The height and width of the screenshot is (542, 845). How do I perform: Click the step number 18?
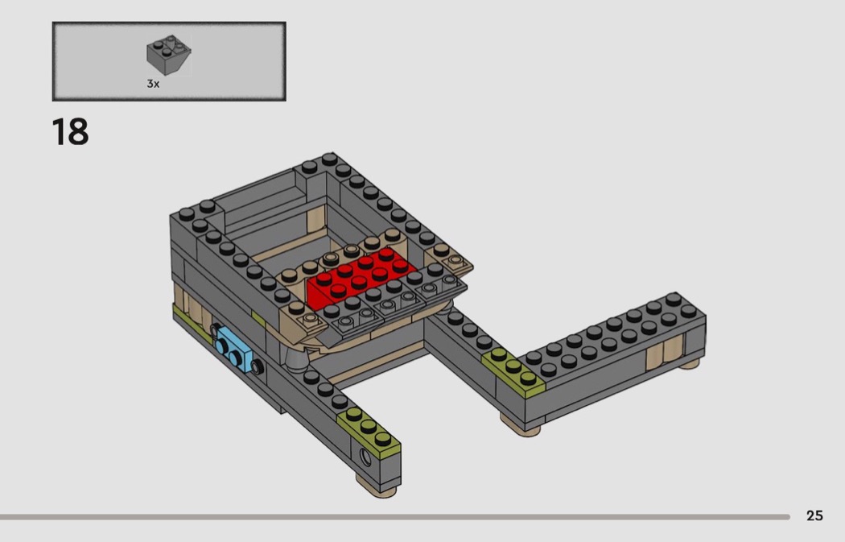[70, 132]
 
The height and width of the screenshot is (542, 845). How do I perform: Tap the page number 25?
[814, 515]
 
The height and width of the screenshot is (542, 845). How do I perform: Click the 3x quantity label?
[153, 84]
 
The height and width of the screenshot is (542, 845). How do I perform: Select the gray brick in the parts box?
[169, 55]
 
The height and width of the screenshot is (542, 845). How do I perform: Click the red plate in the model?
[360, 278]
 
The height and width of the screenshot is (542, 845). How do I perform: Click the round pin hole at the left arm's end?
[366, 458]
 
